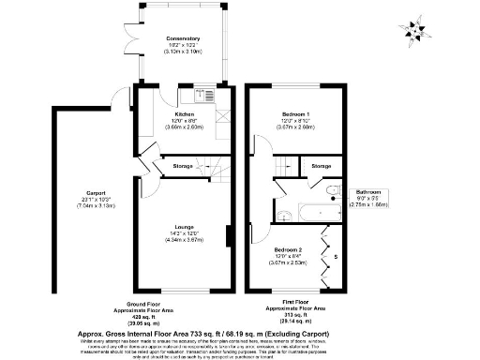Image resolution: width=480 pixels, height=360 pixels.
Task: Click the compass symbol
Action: tap(414, 32)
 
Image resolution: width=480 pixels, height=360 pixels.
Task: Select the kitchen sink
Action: tap(206, 94)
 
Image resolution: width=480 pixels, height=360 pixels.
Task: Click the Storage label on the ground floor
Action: tap(184, 166)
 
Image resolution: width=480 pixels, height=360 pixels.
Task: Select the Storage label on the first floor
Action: tap(321, 166)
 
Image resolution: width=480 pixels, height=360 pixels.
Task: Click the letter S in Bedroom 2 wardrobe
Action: tap(338, 255)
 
